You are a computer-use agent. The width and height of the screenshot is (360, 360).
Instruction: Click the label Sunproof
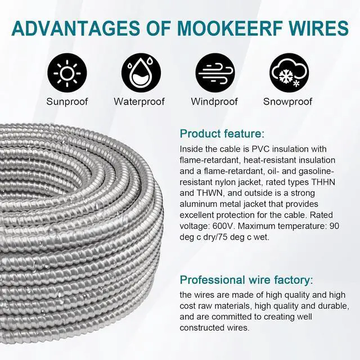coord(67,102)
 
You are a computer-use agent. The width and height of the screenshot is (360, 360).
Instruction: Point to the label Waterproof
coord(139,102)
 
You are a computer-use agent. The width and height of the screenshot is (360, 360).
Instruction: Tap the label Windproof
coord(215,102)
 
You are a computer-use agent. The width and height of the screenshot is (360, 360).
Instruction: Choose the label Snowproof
coord(287,102)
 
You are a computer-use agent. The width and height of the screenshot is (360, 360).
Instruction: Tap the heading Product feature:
coord(222,134)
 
